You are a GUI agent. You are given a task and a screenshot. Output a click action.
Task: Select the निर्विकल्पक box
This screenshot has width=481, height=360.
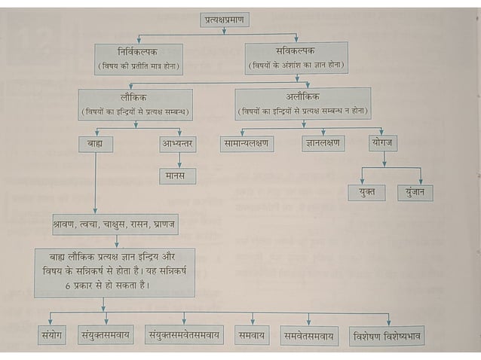136,58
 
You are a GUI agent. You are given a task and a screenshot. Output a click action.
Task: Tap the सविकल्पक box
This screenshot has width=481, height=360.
296,57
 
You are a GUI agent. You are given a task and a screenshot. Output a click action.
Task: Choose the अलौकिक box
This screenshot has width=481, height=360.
302,104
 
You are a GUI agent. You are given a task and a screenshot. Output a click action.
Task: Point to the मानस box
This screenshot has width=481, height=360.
178,175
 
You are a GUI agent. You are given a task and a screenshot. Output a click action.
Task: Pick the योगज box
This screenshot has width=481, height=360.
384,142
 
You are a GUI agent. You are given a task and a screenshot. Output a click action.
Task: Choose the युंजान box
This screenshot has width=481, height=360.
415,192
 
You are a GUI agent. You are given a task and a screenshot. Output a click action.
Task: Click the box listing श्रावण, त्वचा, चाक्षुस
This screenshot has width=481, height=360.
115,225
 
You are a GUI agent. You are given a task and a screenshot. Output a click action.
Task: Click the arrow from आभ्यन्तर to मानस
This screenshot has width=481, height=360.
179,160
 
